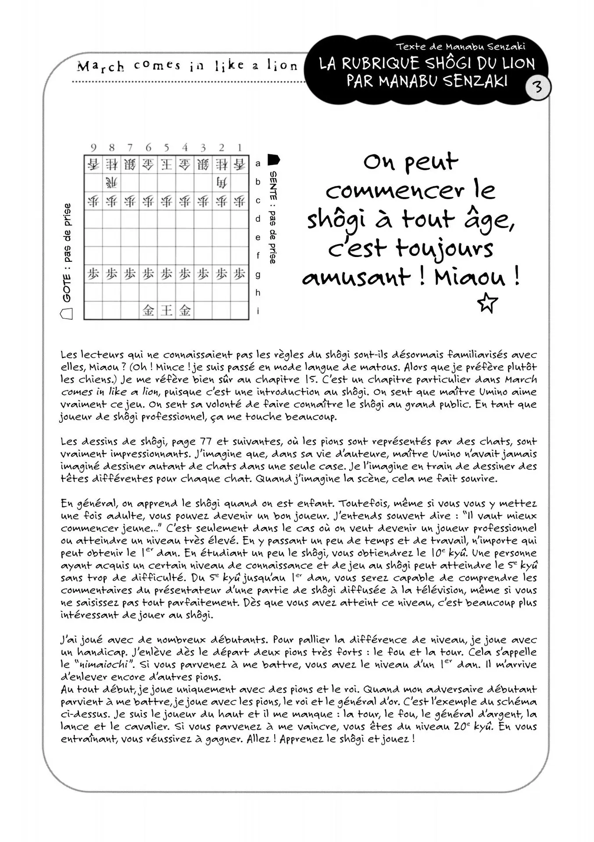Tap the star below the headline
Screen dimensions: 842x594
[x=487, y=303]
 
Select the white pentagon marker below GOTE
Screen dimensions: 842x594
[x=67, y=314]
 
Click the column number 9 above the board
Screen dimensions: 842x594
[x=93, y=148]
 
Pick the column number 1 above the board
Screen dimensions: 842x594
[x=240, y=148]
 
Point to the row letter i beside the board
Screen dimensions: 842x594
[x=258, y=311]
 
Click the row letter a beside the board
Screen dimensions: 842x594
[x=258, y=164]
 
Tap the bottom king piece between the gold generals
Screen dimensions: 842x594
[x=166, y=310]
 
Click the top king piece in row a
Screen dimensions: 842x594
[x=166, y=164]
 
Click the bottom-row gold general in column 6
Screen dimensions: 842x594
[x=148, y=310]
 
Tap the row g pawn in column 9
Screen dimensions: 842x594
[x=93, y=274]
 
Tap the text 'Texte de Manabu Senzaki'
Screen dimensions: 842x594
[x=460, y=46]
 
